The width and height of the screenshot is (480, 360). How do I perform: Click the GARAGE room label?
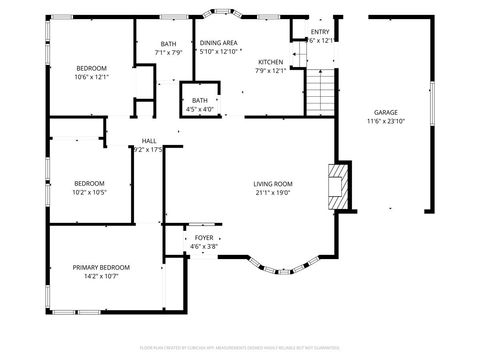(385, 112)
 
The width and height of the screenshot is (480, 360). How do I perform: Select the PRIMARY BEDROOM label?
(101, 267)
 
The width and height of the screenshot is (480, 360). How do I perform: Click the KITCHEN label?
(271, 61)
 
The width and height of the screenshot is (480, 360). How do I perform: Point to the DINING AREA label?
(218, 43)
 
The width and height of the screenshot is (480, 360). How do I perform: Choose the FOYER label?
(204, 237)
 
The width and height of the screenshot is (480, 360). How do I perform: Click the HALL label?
(148, 141)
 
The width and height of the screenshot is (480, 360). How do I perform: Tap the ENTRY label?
(320, 32)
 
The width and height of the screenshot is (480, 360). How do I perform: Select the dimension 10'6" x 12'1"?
(92, 76)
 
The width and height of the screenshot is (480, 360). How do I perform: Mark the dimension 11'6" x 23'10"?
(385, 121)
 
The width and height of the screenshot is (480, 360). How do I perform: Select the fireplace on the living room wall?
(340, 187)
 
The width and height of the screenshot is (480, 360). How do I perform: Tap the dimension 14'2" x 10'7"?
(101, 276)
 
